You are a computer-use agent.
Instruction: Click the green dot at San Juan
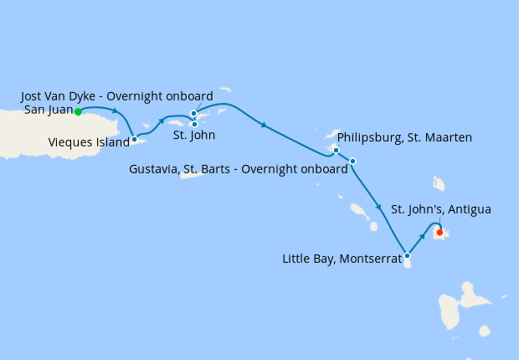(78, 111)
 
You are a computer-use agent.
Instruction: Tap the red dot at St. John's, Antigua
(439, 233)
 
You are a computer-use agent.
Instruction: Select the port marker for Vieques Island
(134, 139)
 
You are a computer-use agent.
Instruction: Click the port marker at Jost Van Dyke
(193, 113)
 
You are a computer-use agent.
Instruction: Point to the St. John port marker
(194, 124)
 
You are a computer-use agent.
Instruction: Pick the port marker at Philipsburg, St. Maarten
(336, 151)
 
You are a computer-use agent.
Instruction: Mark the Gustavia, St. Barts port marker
(352, 161)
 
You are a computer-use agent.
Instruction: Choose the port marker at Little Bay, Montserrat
(407, 255)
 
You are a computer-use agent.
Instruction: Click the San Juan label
(48, 109)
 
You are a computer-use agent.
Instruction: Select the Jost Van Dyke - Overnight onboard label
(116, 96)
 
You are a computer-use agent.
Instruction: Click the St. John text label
(194, 135)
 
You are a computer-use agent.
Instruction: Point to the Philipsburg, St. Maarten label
(404, 136)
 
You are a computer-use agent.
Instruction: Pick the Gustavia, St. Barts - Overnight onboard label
(239, 169)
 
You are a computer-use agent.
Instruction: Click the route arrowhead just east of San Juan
(115, 110)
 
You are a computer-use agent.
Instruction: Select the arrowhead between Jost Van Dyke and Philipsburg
(264, 126)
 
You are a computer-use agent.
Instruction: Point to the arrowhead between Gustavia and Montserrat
(379, 206)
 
